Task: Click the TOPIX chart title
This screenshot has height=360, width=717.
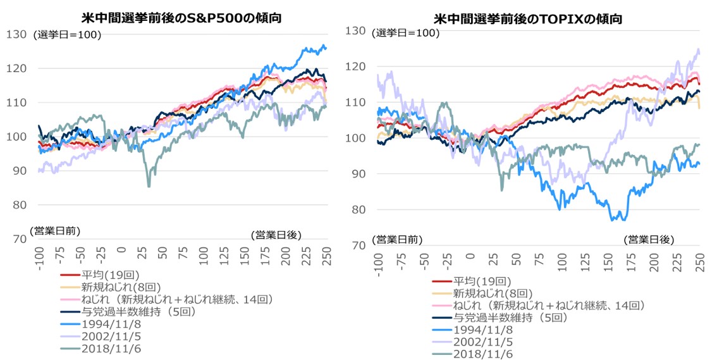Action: coord(528,19)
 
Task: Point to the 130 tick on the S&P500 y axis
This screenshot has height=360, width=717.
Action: coord(16,34)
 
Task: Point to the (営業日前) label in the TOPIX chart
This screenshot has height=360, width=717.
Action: coord(397,239)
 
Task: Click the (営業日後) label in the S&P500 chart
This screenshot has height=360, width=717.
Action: coord(276,235)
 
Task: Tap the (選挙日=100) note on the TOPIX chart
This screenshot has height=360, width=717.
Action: coord(404,33)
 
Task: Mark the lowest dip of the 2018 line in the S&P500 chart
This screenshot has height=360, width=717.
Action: coord(149,186)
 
